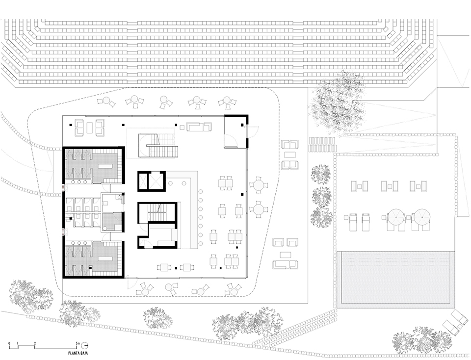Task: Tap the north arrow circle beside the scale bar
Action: click(x=84, y=345)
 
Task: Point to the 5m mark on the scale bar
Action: click(x=78, y=342)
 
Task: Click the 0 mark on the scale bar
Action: click(x=9, y=342)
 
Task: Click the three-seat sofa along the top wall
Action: click(x=200, y=128)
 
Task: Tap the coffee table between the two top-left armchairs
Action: click(x=89, y=128)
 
